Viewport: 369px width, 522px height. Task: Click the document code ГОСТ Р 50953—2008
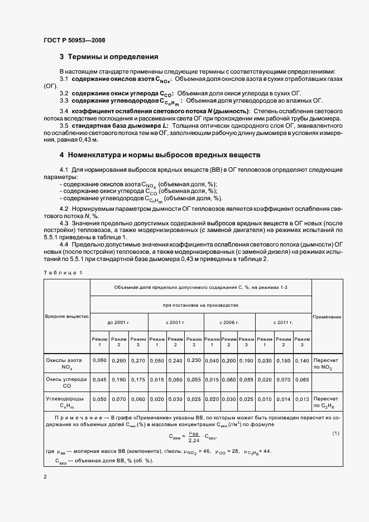click(x=74, y=40)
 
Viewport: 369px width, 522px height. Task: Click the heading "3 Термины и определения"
click(x=109, y=57)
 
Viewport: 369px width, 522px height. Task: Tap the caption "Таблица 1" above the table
click(x=63, y=272)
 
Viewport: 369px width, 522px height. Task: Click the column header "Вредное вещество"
click(x=67, y=316)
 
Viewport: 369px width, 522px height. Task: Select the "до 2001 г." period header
click(x=119, y=322)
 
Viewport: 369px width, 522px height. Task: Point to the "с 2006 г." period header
click(x=230, y=322)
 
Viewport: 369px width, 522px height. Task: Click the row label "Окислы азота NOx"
click(x=67, y=364)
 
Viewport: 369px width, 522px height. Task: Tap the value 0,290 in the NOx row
click(x=119, y=361)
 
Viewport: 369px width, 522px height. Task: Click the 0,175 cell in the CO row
click(x=138, y=380)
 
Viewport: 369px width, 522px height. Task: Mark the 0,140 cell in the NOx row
click(x=302, y=361)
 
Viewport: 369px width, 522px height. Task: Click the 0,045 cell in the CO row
click(x=99, y=380)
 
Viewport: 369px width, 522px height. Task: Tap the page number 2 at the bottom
click(x=45, y=477)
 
